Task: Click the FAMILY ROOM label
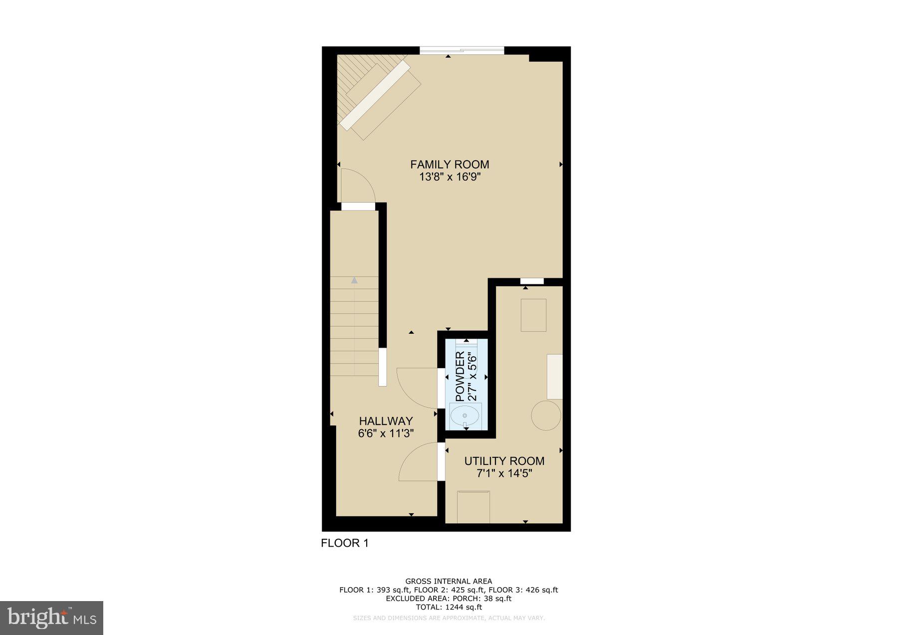tap(449, 164)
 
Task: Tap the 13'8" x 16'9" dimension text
tap(449, 177)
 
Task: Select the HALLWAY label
tap(386, 421)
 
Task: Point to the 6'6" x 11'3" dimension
tap(386, 433)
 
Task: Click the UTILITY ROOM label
tap(504, 461)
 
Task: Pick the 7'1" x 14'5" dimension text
tap(504, 473)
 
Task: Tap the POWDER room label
tap(460, 376)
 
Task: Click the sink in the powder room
tap(465, 415)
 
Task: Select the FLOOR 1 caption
tap(345, 543)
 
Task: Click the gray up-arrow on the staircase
tap(354, 280)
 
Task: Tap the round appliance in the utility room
tap(546, 416)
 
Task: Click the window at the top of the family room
tap(462, 50)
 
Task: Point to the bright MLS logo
tap(52, 618)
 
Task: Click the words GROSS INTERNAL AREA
tap(449, 581)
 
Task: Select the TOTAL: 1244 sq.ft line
tap(449, 607)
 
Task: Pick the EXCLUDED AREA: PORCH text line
tap(449, 599)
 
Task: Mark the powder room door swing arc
tap(415, 387)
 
